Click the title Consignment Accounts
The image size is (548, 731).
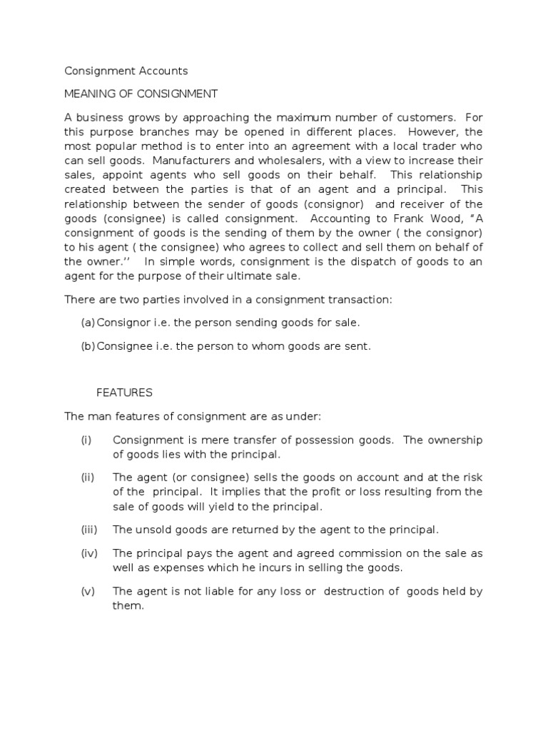126,71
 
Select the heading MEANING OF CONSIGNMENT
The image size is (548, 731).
141,94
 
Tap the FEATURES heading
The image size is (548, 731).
124,393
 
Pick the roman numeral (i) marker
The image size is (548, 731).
86,440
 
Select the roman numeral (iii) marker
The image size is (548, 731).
88,529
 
